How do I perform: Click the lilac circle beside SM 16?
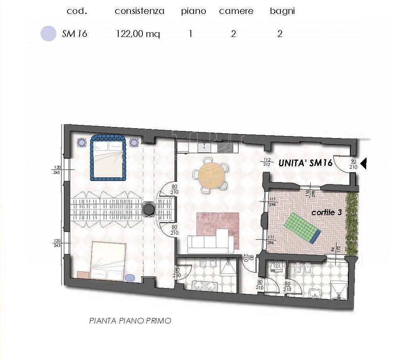click(48, 33)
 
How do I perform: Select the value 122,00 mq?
click(138, 34)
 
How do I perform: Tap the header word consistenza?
click(139, 11)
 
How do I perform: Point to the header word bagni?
click(282, 11)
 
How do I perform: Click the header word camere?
click(236, 11)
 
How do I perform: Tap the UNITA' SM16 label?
click(305, 163)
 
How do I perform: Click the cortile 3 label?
click(326, 212)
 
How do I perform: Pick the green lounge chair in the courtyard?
click(302, 227)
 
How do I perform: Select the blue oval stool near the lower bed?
click(130, 278)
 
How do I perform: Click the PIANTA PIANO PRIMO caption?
click(130, 320)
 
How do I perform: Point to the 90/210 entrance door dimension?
click(353, 164)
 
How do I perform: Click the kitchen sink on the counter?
click(205, 147)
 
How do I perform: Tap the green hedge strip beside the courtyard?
click(351, 224)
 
